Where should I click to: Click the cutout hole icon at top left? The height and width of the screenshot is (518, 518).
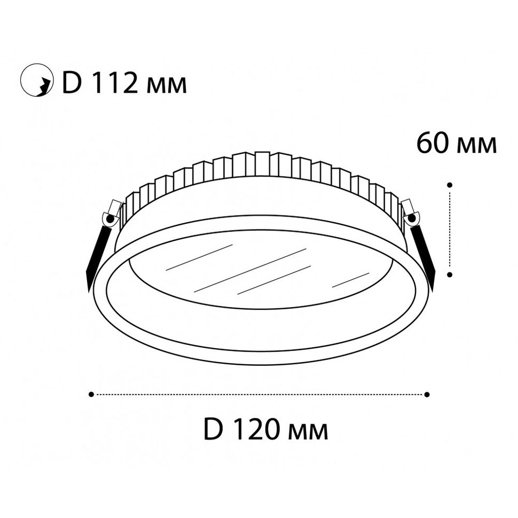point(37,82)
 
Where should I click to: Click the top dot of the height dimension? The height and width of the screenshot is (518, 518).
point(450,184)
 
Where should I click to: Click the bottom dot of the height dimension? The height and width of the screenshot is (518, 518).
point(450,275)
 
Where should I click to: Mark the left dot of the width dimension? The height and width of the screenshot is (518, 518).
point(91,394)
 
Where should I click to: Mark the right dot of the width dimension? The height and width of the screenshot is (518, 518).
point(427,394)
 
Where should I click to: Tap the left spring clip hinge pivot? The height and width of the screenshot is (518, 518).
point(109,219)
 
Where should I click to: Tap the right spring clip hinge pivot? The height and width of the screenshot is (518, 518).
point(412,218)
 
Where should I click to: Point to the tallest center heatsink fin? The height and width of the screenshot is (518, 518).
point(262,163)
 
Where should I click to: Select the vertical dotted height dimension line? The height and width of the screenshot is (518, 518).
point(450,230)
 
